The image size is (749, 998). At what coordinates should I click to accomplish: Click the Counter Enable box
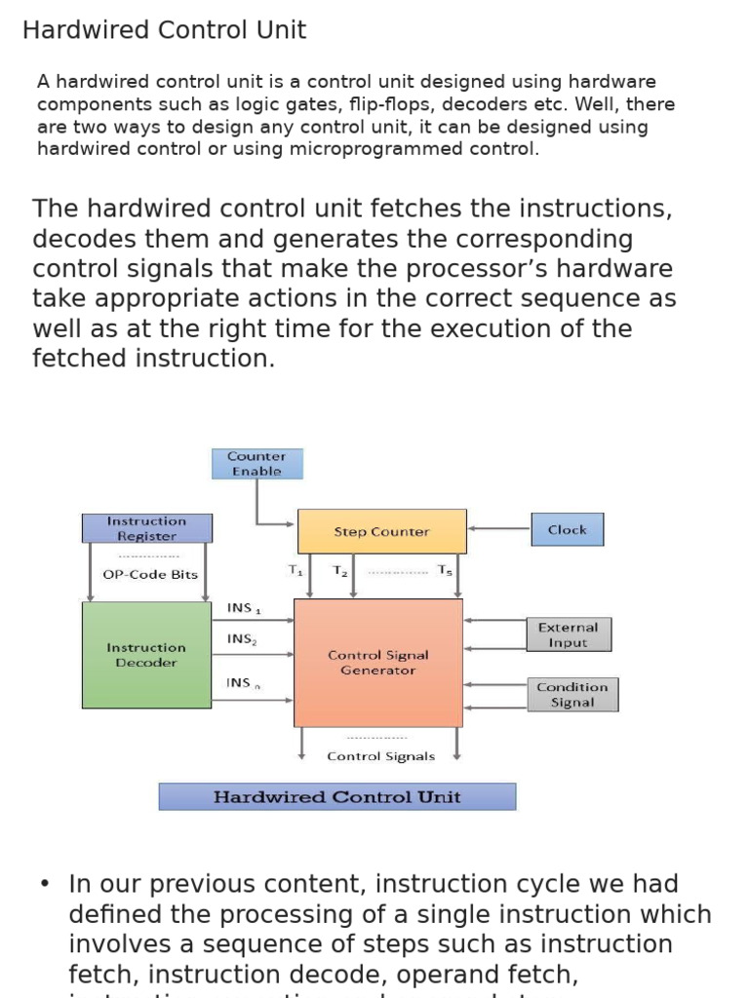point(256,464)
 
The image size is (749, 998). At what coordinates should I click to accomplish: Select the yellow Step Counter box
point(381,531)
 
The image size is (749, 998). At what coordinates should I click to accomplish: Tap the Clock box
point(567,530)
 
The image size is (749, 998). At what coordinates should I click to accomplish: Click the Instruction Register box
point(146,528)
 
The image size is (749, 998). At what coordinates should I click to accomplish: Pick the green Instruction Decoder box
point(146,655)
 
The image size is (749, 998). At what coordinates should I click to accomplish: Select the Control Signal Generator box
point(378,663)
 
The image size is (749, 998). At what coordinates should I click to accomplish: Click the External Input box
point(568,634)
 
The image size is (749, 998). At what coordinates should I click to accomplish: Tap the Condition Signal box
point(572,695)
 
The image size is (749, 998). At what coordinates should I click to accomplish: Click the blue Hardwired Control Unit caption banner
point(336,797)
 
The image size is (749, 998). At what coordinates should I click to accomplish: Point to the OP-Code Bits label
point(150,575)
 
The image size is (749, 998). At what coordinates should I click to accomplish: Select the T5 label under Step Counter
point(444,570)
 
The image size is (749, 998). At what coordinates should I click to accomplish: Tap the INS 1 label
point(243,608)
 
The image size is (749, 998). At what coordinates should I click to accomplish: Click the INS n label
point(243,683)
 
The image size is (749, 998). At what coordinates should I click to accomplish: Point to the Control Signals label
point(381,756)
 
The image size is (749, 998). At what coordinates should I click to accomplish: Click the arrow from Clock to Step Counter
point(498,530)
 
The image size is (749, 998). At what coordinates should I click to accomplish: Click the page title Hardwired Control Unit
point(164,30)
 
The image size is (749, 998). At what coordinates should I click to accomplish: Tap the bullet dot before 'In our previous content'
point(45,884)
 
